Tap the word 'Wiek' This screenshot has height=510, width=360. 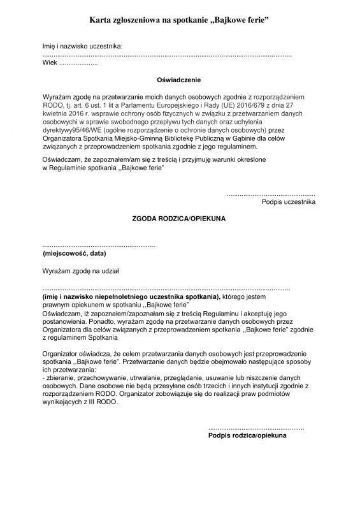click(x=49, y=64)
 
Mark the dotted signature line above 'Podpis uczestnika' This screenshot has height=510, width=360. click(x=270, y=193)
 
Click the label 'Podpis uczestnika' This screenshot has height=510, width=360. click(x=288, y=202)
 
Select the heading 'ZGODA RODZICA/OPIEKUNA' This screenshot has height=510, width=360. click(x=178, y=218)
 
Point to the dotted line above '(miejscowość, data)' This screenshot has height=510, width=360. click(x=98, y=245)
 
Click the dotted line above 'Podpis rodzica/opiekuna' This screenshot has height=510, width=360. click(x=256, y=427)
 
